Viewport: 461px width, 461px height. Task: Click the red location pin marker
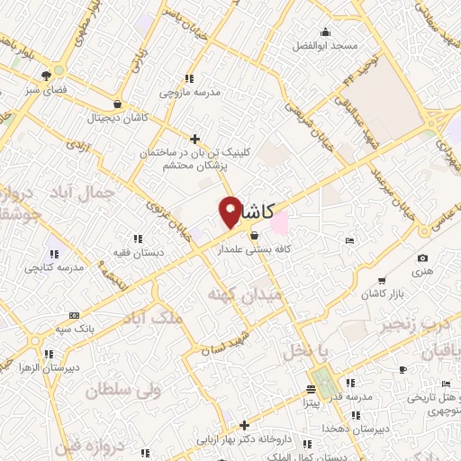(x=230, y=211)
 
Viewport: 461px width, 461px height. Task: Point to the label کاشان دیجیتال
(x=116, y=118)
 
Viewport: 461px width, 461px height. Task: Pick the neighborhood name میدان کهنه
(x=244, y=294)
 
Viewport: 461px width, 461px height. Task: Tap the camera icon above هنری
(x=423, y=258)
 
